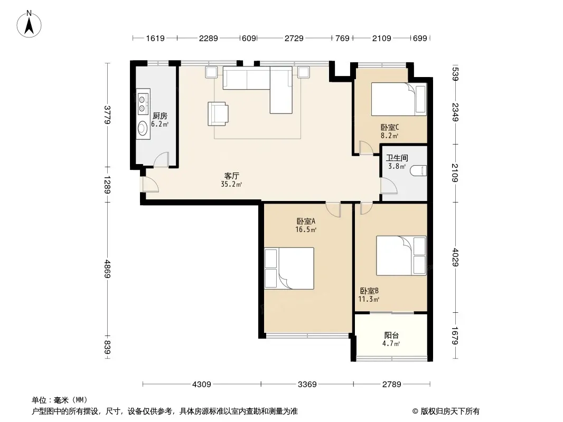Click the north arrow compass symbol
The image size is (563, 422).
pos(29,24)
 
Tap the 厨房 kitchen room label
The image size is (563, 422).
pos(160,116)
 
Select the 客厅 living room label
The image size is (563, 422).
pos(232,176)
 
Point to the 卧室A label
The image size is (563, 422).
pos(306,221)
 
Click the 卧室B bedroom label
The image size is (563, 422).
pos(369,291)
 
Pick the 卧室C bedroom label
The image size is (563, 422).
pos(390,127)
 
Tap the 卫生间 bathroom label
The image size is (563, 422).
pos(397,158)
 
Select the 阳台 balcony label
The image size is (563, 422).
pos(391,335)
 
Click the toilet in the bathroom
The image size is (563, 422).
pos(419,170)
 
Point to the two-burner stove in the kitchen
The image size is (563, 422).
pos(143,103)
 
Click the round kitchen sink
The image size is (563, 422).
pos(143,128)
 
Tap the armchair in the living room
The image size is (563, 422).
pos(218,113)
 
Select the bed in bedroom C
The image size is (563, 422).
pos(399,99)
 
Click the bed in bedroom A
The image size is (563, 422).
pos(289,268)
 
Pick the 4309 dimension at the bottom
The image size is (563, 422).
pos(202,385)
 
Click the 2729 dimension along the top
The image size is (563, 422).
pos(294,38)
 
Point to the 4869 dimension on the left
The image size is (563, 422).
pos(107,268)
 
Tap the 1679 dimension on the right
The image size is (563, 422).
pos(455,335)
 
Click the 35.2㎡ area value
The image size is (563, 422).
pos(232,184)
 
